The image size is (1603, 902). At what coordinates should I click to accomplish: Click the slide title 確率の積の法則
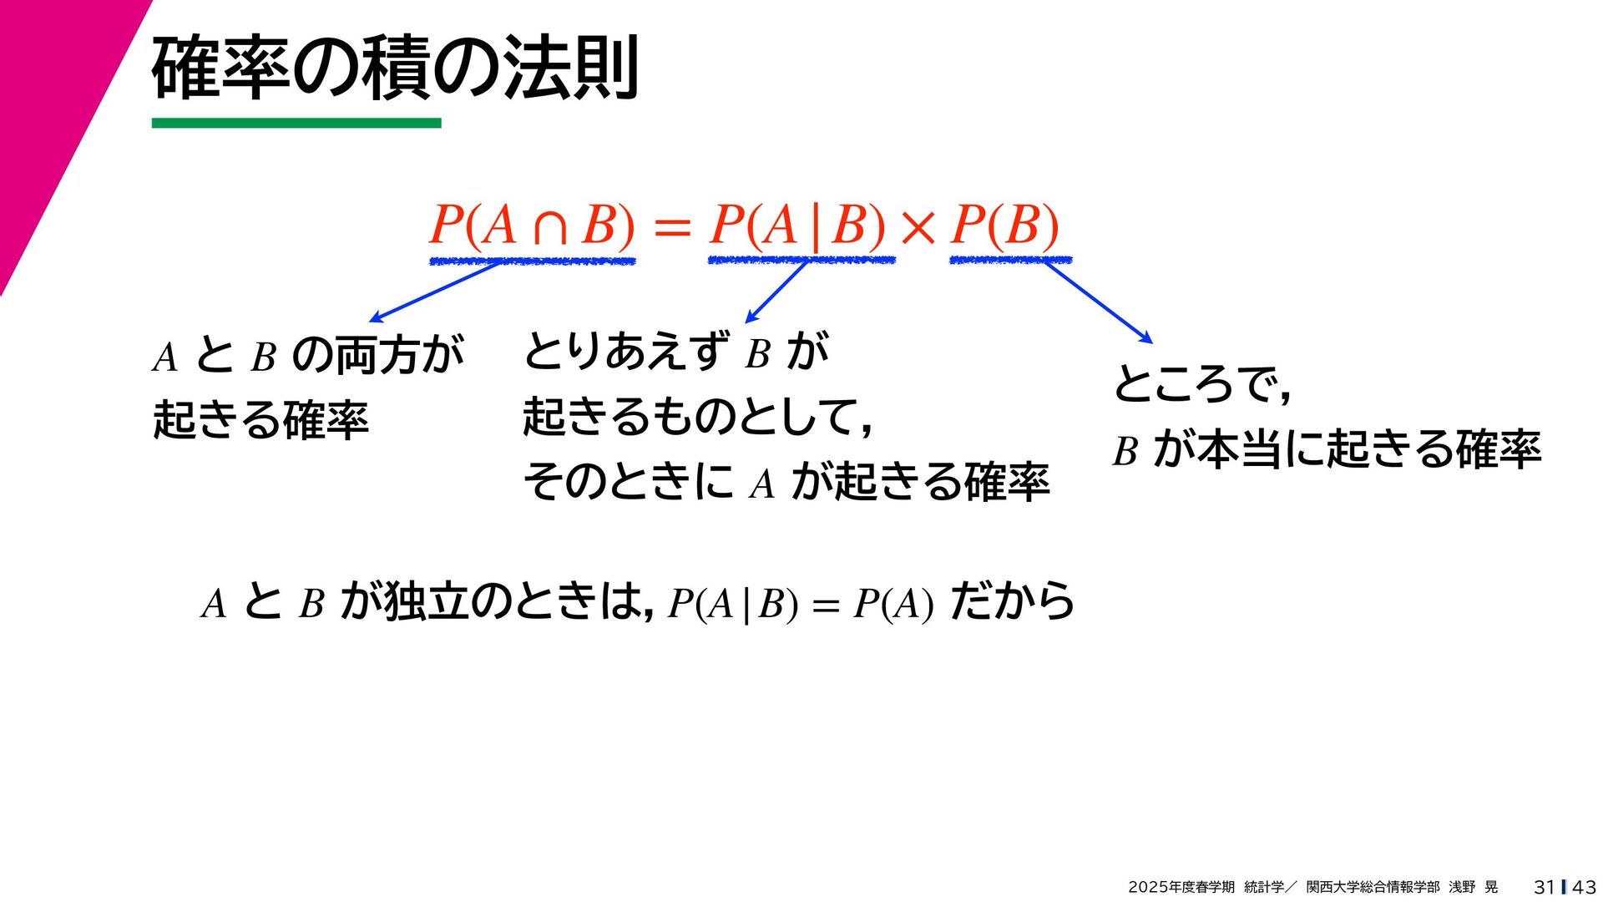tap(395, 68)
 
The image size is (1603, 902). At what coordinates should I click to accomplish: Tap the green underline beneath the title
tap(296, 124)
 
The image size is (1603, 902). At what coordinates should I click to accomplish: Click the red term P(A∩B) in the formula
tap(532, 225)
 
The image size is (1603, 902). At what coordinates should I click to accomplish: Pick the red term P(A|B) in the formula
tap(797, 225)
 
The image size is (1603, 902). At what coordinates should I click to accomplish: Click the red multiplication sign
tap(918, 227)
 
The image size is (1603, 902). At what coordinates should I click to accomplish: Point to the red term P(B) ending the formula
tap(1005, 225)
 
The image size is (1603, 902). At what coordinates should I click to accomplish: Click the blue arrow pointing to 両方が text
tap(434, 291)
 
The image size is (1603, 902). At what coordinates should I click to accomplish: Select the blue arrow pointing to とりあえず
tap(776, 292)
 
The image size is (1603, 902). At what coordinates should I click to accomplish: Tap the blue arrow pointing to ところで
tap(1098, 302)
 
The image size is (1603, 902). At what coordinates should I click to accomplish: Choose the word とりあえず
tap(626, 351)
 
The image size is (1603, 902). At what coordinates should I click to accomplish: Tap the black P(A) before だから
tap(893, 604)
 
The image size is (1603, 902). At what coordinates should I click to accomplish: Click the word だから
tap(1012, 601)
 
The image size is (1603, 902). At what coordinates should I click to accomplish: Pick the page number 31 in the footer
tap(1544, 887)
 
